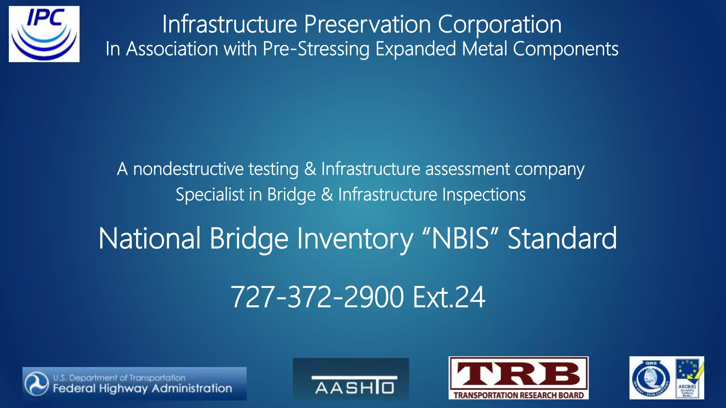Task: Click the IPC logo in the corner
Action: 44,34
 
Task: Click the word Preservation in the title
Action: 367,24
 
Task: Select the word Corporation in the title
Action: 499,24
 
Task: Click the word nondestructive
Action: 188,169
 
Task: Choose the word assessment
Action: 467,169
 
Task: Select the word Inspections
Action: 484,194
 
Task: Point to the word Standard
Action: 562,238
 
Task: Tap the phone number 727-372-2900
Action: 317,297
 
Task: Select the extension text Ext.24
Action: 449,297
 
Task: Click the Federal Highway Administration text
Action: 143,389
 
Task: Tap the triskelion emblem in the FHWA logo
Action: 37,384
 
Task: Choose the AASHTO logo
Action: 351,379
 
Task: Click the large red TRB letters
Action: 518,375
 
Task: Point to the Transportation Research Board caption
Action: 518,395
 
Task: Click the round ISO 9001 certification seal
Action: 651,378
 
